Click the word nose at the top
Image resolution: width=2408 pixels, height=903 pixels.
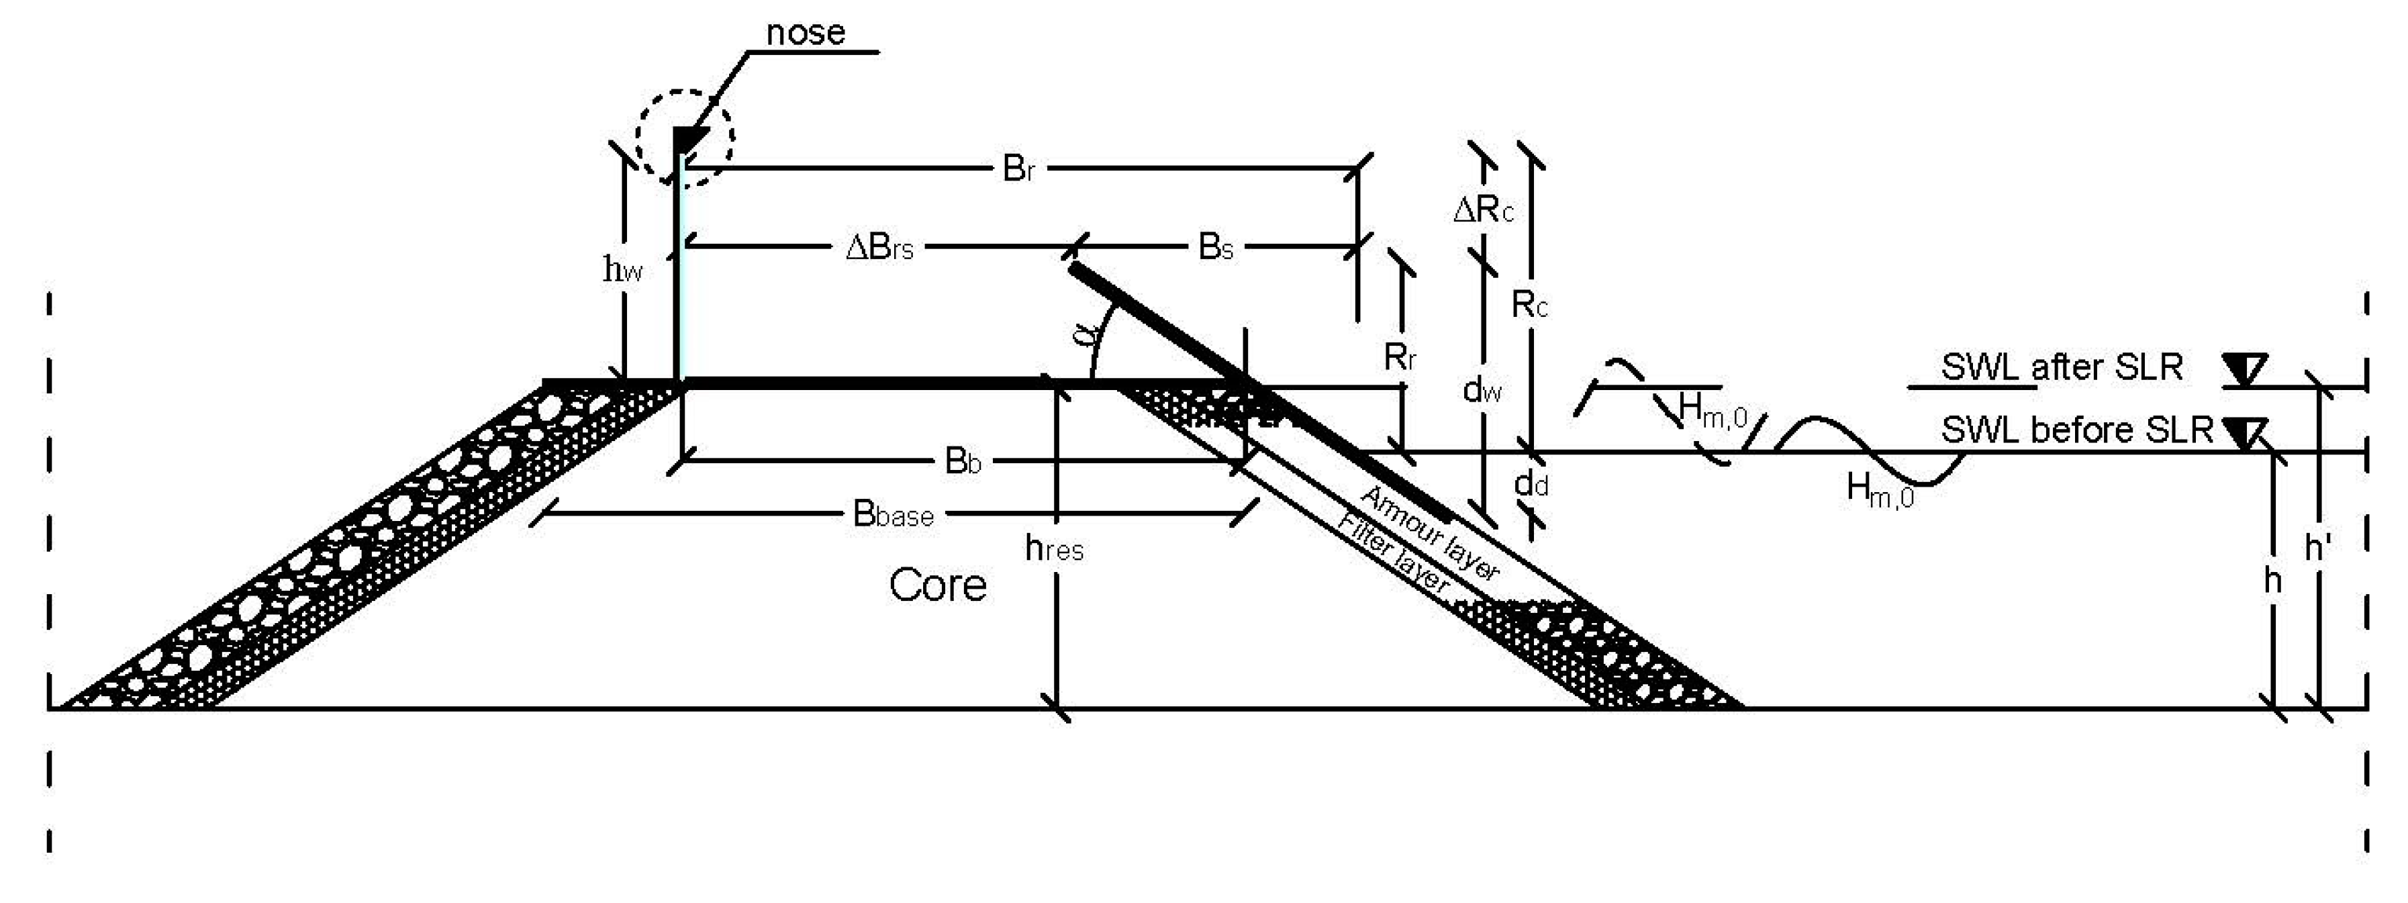pyautogui.click(x=805, y=33)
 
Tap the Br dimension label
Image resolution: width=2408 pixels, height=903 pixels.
pyautogui.click(x=1018, y=169)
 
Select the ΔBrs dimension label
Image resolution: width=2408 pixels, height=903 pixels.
pyautogui.click(x=879, y=248)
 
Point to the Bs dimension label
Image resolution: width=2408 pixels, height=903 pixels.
pyautogui.click(x=1215, y=248)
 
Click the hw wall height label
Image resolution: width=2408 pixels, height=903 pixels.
pyautogui.click(x=622, y=270)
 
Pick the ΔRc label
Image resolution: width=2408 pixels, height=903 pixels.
pyautogui.click(x=1482, y=210)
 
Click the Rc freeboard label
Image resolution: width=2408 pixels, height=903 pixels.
pyautogui.click(x=1529, y=305)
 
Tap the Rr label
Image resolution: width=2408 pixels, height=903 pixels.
pyautogui.click(x=1400, y=357)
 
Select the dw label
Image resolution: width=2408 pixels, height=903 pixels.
pyautogui.click(x=1482, y=389)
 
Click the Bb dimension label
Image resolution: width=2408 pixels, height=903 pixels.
pyautogui.click(x=963, y=462)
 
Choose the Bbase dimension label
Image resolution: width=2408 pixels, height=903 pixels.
pyautogui.click(x=893, y=514)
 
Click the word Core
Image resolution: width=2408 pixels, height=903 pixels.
pyautogui.click(x=938, y=586)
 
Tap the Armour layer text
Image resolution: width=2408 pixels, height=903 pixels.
pyautogui.click(x=1430, y=533)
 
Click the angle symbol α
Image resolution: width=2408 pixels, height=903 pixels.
pyautogui.click(x=1084, y=332)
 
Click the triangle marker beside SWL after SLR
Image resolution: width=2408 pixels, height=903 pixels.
pyautogui.click(x=2244, y=369)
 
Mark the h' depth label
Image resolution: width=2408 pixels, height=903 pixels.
pyautogui.click(x=2317, y=548)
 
